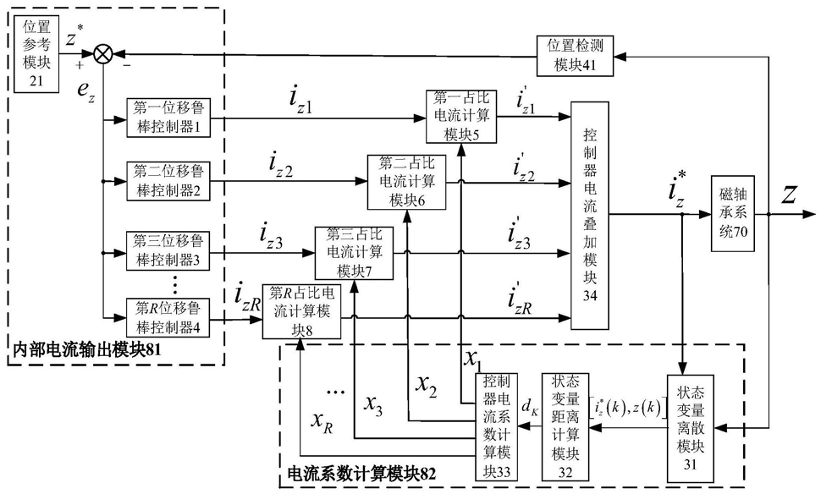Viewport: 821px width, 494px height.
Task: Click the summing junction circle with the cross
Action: pos(103,52)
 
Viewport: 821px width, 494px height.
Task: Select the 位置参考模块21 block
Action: pos(36,54)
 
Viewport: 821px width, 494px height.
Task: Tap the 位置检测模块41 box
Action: pos(575,56)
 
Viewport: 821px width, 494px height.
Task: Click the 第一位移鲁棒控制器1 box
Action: pos(168,118)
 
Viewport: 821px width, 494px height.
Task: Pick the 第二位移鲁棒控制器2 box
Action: pos(168,181)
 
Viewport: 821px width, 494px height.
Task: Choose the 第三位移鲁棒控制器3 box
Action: pos(168,250)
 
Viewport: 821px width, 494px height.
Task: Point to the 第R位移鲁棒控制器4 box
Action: pos(168,318)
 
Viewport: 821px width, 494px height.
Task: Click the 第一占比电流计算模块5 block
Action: pos(461,117)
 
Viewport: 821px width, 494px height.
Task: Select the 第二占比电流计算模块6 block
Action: pos(407,182)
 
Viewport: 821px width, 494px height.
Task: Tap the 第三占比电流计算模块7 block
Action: pos(354,253)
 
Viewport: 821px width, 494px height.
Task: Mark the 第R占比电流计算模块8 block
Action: pos(301,311)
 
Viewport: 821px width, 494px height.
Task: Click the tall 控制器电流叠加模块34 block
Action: pos(590,216)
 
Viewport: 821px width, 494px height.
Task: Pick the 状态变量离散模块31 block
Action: pos(691,428)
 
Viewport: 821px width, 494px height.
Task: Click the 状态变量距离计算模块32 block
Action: pos(565,427)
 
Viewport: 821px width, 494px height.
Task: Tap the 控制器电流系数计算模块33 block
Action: pos(496,427)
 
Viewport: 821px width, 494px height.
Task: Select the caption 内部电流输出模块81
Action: pos(86,350)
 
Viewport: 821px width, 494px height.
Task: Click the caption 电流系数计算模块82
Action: pos(361,474)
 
